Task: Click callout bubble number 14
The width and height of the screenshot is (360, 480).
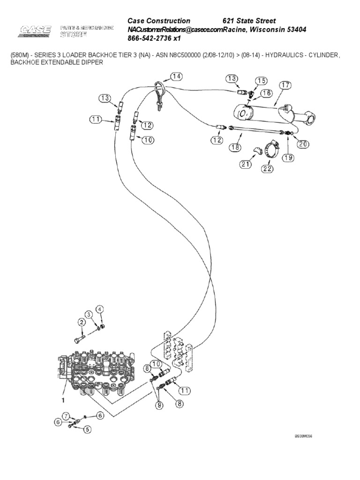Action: (176, 76)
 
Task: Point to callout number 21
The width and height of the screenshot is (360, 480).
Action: (246, 164)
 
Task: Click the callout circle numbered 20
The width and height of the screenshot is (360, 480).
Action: (303, 144)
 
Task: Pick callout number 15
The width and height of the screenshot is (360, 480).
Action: (261, 81)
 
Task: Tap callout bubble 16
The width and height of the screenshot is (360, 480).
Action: (266, 93)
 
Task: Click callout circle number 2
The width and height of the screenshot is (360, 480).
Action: (81, 322)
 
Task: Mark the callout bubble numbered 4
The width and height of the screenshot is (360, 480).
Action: (99, 309)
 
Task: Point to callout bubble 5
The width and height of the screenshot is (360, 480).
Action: (88, 428)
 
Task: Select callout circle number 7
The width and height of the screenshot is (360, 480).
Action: (66, 415)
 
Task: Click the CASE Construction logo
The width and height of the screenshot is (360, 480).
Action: (36, 31)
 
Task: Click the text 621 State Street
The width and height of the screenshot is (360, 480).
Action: (249, 21)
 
